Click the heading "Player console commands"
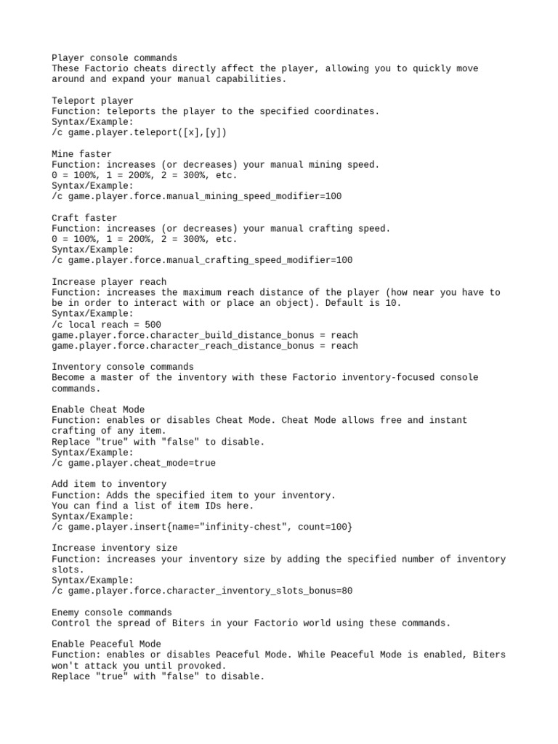click(114, 57)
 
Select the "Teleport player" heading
click(92, 100)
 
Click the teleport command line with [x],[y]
click(139, 132)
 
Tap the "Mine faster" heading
click(81, 154)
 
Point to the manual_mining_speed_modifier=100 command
click(196, 196)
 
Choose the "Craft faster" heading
click(84, 218)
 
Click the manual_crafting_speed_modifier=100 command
click(202, 260)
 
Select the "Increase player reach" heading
click(109, 282)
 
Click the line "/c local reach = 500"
click(106, 324)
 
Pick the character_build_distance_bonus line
click(205, 335)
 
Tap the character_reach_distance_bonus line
click(205, 346)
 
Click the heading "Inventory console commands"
click(123, 367)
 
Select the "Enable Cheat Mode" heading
click(98, 410)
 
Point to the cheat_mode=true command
click(134, 463)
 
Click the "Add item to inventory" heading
click(109, 484)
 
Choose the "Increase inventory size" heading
click(114, 548)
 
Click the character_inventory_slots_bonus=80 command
click(202, 591)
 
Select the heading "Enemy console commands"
click(112, 612)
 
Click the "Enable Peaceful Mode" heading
click(106, 644)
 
